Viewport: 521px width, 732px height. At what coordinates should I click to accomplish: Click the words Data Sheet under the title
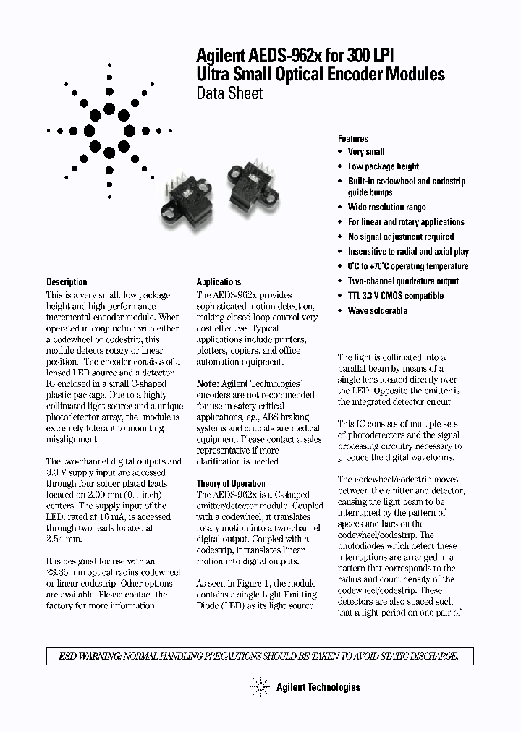pyautogui.click(x=230, y=93)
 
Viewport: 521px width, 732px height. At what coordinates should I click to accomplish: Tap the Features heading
pyautogui.click(x=353, y=138)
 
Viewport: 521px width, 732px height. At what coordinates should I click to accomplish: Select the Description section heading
pyautogui.click(x=67, y=281)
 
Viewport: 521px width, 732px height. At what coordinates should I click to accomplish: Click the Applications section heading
pyautogui.click(x=219, y=281)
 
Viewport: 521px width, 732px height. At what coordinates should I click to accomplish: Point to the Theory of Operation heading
pyautogui.click(x=231, y=483)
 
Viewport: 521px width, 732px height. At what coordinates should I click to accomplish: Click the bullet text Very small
pyautogui.click(x=366, y=152)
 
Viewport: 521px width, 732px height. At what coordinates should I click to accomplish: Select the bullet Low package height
pyautogui.click(x=384, y=166)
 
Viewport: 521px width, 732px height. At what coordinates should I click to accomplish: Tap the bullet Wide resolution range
pyautogui.click(x=386, y=208)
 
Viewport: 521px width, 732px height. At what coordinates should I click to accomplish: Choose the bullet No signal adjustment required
pyautogui.click(x=401, y=237)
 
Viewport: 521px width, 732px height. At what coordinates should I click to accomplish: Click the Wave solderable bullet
pyautogui.click(x=377, y=310)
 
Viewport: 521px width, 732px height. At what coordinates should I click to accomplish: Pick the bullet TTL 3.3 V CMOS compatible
pyautogui.click(x=395, y=296)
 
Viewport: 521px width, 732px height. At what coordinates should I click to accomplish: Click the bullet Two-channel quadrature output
pyautogui.click(x=403, y=281)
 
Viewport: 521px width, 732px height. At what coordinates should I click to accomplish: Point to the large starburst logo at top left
pyautogui.click(x=109, y=131)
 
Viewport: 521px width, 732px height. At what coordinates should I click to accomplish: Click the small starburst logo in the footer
pyautogui.click(x=259, y=686)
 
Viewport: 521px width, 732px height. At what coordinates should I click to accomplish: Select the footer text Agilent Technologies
pyautogui.click(x=318, y=687)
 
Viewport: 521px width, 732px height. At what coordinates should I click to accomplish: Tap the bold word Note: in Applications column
pyautogui.click(x=208, y=383)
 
